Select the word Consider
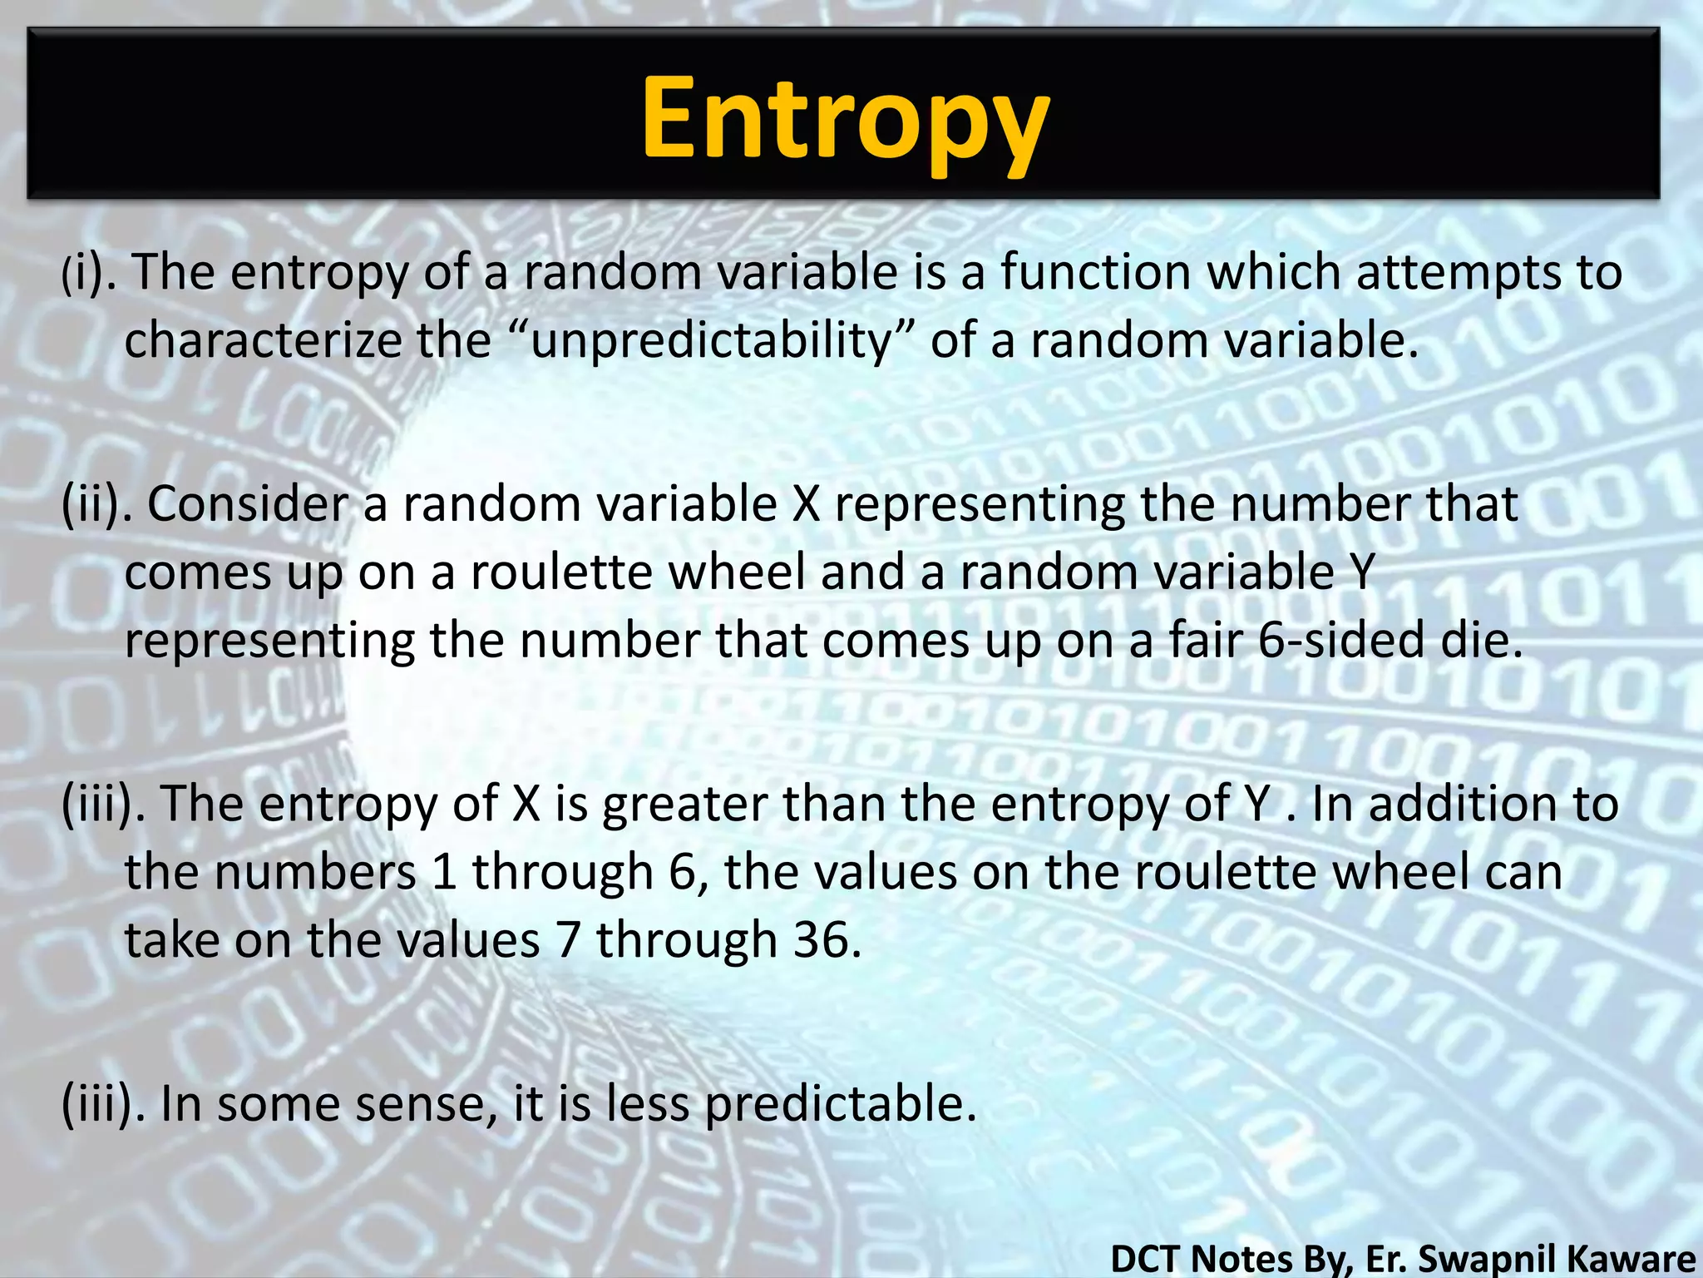tap(248, 504)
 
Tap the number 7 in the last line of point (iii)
tap(568, 940)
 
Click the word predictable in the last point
tap(840, 1105)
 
